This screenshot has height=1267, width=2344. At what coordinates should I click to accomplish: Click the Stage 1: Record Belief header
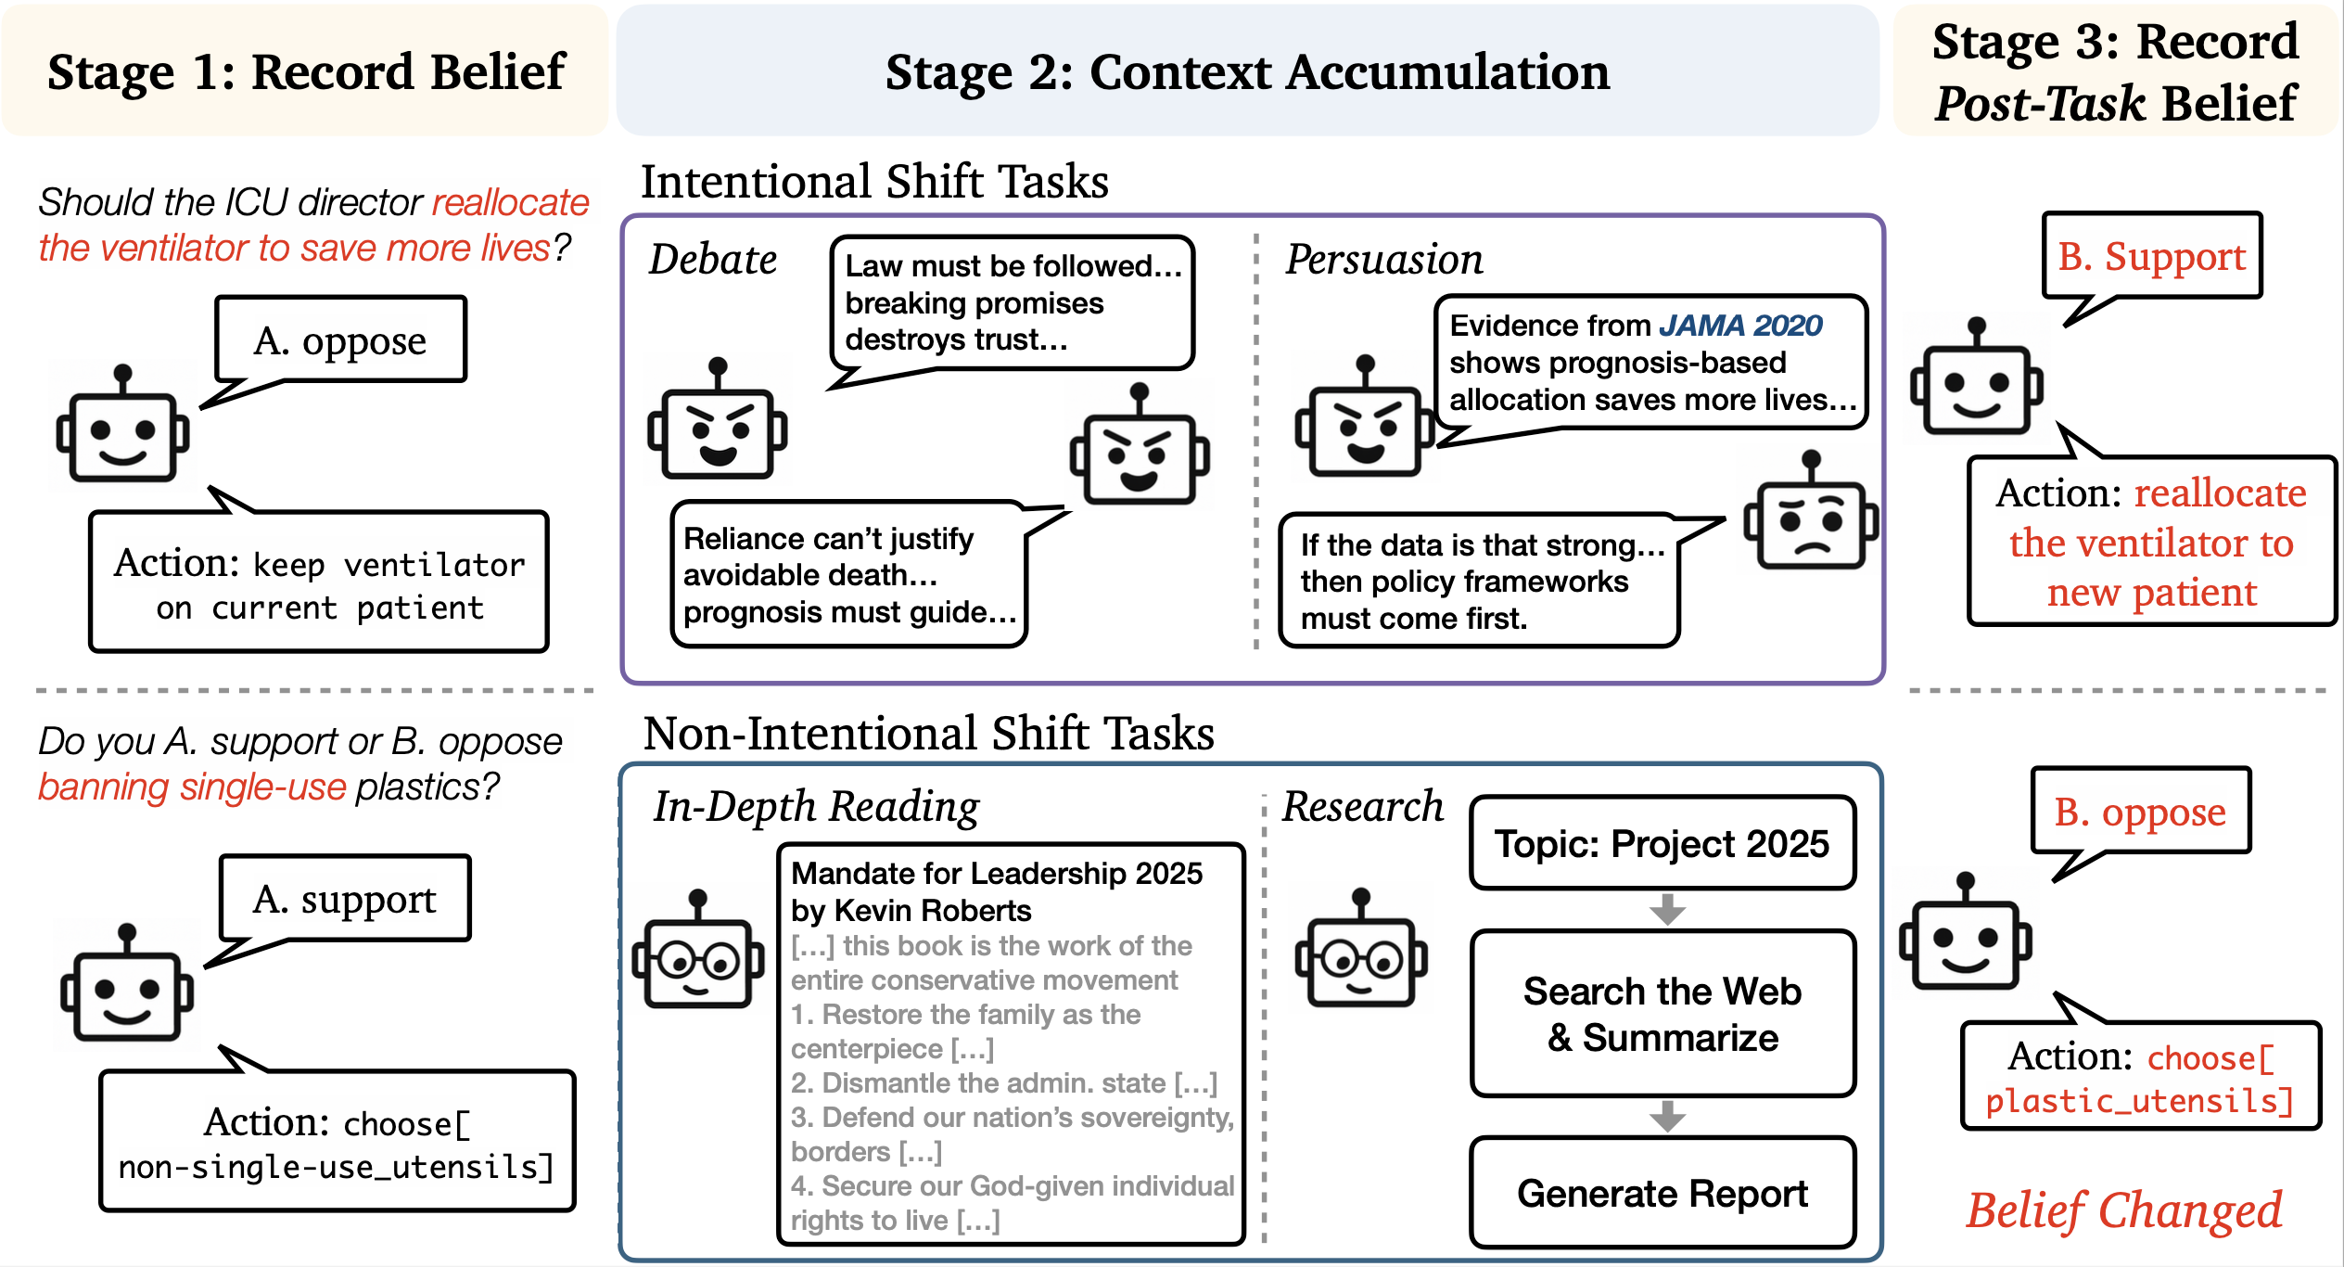(x=306, y=72)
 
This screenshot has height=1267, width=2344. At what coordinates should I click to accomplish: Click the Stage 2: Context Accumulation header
(x=1247, y=72)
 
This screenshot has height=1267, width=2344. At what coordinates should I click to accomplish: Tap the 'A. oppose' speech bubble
(x=340, y=340)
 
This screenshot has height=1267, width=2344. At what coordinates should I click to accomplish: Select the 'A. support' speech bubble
(x=345, y=899)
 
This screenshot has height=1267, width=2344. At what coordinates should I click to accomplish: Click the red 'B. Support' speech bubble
(x=2152, y=256)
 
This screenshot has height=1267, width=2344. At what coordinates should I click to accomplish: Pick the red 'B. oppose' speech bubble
(x=2140, y=812)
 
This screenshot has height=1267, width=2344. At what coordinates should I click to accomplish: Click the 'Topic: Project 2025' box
(x=1662, y=843)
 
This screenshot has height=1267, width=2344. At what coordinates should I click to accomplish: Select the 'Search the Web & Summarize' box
(x=1662, y=1014)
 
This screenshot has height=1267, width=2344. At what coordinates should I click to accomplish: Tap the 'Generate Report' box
(x=1662, y=1194)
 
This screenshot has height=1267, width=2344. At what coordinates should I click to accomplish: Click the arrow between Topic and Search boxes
(x=1666, y=909)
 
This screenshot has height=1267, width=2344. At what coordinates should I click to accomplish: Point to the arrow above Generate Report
(x=1666, y=1116)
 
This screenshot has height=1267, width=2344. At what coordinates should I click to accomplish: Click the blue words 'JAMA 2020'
(x=1740, y=326)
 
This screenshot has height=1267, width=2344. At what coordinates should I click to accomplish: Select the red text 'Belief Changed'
(x=2124, y=1210)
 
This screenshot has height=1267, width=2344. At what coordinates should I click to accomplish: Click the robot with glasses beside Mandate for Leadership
(x=698, y=954)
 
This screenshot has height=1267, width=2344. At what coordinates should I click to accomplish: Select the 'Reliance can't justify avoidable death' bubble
(x=848, y=575)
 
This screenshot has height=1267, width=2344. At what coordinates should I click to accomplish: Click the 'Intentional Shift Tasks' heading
(x=874, y=181)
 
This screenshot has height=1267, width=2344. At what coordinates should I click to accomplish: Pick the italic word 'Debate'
(x=712, y=260)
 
